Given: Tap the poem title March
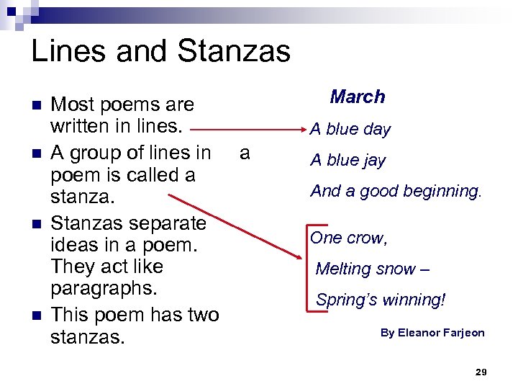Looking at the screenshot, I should click(358, 97).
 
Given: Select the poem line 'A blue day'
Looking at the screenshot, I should click(350, 130).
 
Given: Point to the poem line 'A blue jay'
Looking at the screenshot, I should click(348, 161).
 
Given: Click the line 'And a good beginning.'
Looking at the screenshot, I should click(396, 192).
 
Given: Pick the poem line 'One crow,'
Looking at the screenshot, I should click(349, 238).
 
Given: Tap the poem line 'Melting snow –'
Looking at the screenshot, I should click(372, 269).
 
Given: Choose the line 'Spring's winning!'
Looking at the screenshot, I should click(381, 300).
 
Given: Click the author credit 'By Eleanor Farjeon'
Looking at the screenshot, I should click(432, 333).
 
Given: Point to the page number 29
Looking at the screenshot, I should click(481, 372).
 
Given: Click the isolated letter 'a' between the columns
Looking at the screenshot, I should click(245, 153).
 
